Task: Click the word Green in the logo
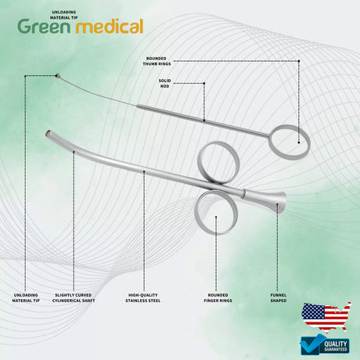pyautogui.click(x=44, y=26)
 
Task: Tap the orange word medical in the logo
pyautogui.click(x=110, y=26)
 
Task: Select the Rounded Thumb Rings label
pyautogui.click(x=157, y=61)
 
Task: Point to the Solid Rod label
pyautogui.click(x=165, y=83)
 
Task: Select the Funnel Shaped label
pyautogui.click(x=279, y=297)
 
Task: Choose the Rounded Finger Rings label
pyautogui.click(x=218, y=297)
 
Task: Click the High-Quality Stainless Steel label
pyautogui.click(x=143, y=297)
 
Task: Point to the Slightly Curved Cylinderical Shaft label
pyautogui.click(x=74, y=297)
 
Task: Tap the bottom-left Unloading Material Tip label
pyautogui.click(x=26, y=297)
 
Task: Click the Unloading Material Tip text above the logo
pyautogui.click(x=64, y=15)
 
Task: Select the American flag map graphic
pyautogui.click(x=326, y=316)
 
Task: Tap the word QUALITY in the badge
pyautogui.click(x=336, y=344)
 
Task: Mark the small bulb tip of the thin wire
pyautogui.click(x=57, y=76)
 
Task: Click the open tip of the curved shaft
pyautogui.click(x=48, y=134)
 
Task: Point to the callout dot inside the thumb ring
pyautogui.click(x=299, y=142)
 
